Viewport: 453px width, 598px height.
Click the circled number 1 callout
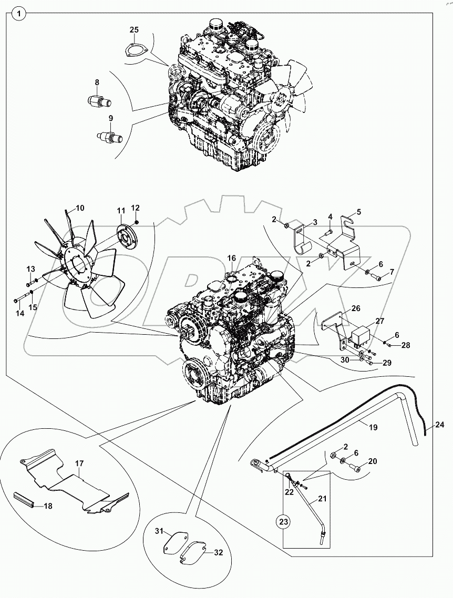click(x=18, y=14)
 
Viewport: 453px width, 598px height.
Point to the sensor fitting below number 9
click(x=110, y=137)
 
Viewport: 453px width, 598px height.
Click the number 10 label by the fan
click(x=79, y=208)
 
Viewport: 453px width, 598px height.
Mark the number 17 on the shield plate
click(x=79, y=463)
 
